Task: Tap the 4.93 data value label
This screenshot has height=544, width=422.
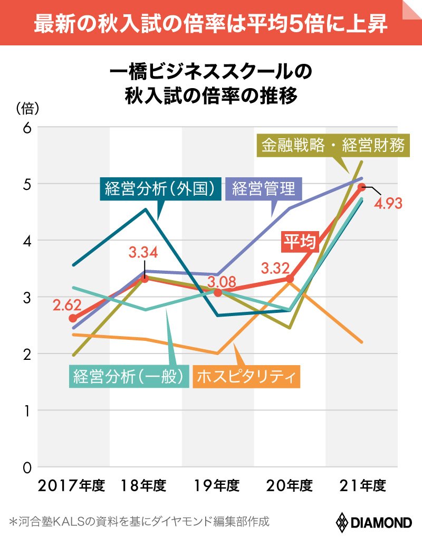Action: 388,203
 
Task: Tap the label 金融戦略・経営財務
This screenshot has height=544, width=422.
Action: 334,145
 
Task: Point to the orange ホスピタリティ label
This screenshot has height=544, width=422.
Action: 247,376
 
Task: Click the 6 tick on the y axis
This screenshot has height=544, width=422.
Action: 27,127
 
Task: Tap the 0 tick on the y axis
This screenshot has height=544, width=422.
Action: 27,467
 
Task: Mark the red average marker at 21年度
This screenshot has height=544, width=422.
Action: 362,187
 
